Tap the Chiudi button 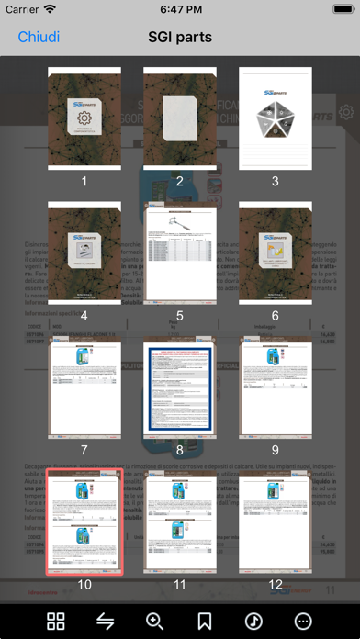(x=39, y=37)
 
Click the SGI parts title (x=180, y=37)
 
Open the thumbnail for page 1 (x=84, y=118)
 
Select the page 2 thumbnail (x=179, y=118)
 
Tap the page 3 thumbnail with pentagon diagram (x=276, y=118)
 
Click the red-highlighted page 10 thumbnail (x=84, y=521)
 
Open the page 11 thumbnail (x=179, y=521)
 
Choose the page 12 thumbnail (x=276, y=521)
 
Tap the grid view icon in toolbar (x=56, y=621)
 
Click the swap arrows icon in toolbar (x=106, y=621)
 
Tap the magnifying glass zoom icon (x=155, y=621)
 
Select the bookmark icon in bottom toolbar (x=205, y=621)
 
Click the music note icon (x=253, y=621)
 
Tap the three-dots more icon (x=303, y=621)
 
